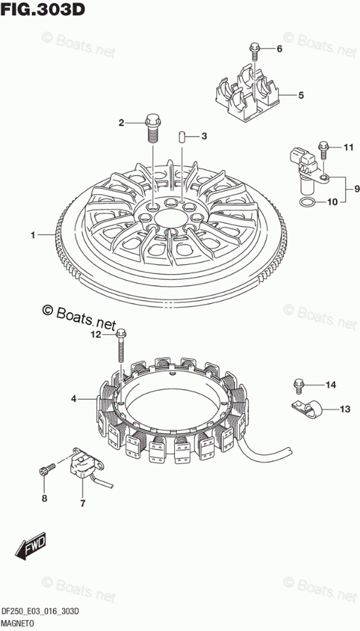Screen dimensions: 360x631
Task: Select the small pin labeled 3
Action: pyautogui.click(x=181, y=136)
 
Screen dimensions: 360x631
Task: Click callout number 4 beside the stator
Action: pyautogui.click(x=74, y=399)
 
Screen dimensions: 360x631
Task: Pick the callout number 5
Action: pyautogui.click(x=301, y=96)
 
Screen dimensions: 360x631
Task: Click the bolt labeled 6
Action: pyautogui.click(x=254, y=52)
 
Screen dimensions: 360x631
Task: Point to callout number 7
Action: pyautogui.click(x=82, y=503)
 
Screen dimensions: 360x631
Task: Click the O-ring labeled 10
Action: pyautogui.click(x=308, y=203)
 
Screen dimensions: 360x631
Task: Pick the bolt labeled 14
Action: pyautogui.click(x=298, y=385)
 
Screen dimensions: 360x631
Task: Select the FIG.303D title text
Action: pyautogui.click(x=43, y=9)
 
